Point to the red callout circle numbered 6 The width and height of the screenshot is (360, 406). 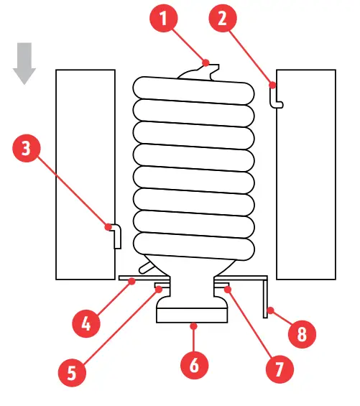coord(191,366)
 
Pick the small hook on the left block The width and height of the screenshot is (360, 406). coord(115,234)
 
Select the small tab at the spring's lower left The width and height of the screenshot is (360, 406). coord(147,268)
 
